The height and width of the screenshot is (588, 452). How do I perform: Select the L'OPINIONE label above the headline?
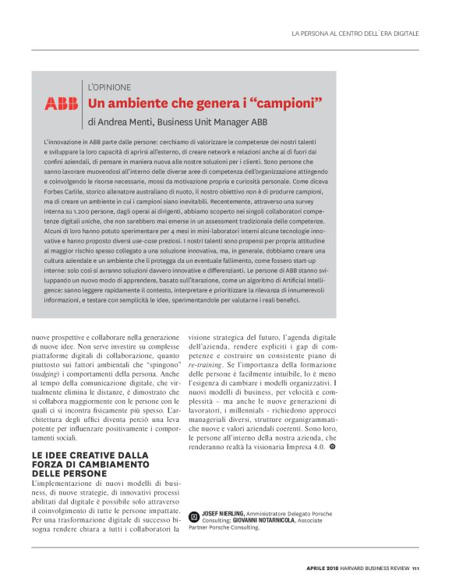(x=109, y=87)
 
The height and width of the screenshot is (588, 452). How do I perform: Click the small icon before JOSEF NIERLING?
(x=193, y=515)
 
